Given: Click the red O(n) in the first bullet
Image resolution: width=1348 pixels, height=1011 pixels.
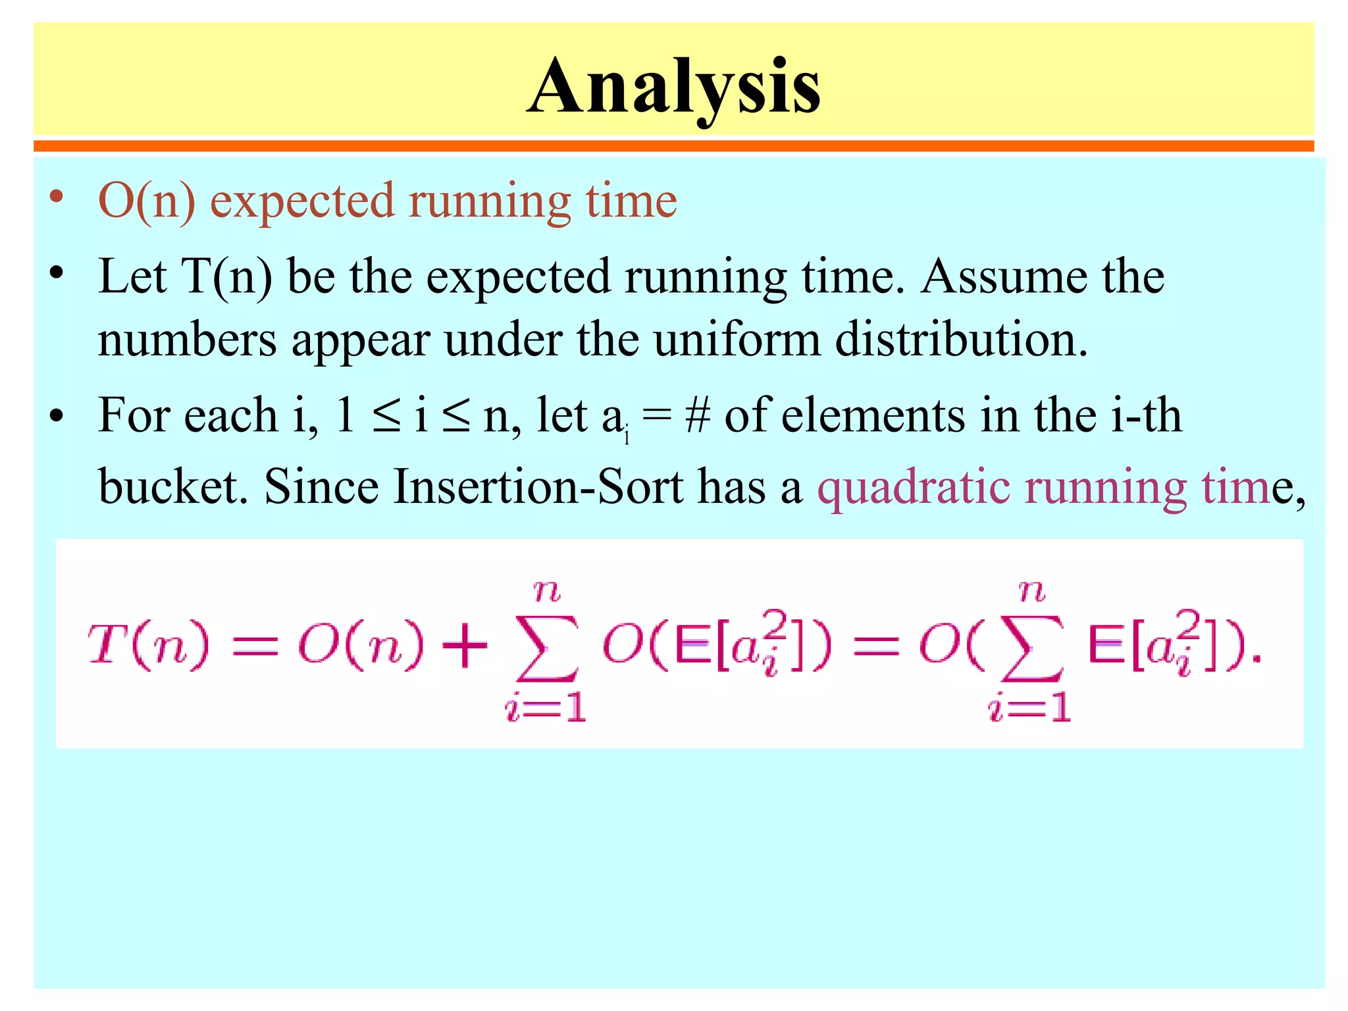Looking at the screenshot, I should pos(147,201).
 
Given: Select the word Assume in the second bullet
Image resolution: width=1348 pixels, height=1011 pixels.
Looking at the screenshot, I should pos(1004,276).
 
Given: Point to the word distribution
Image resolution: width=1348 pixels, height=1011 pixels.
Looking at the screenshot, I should pos(961,340).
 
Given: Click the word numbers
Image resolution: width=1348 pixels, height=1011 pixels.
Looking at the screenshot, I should pos(187,340).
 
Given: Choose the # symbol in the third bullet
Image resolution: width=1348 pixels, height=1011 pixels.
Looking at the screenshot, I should pos(697,416).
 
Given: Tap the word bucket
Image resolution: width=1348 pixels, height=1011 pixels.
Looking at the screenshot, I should pos(173,487).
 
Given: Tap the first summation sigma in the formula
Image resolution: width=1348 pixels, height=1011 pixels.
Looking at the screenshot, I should pos(548,648).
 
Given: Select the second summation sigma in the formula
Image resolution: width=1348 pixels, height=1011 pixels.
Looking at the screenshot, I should pos(1031,648).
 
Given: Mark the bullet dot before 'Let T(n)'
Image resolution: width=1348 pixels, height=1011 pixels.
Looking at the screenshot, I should pos(57,272).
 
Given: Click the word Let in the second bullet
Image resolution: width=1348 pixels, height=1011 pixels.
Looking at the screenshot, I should pos(132,276).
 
